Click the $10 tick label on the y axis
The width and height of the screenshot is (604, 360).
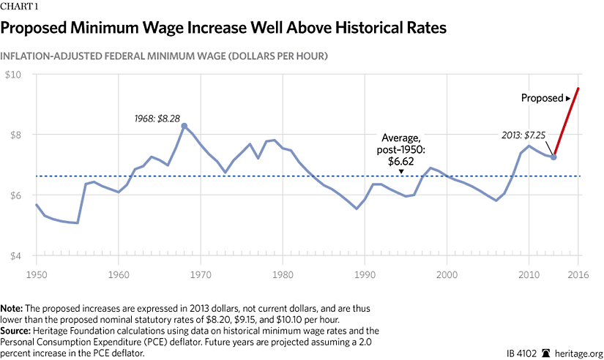click(x=14, y=75)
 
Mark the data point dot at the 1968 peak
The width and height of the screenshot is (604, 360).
click(x=184, y=126)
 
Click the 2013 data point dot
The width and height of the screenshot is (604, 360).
click(x=553, y=157)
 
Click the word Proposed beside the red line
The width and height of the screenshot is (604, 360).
click(x=541, y=97)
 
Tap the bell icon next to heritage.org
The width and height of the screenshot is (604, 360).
click(x=545, y=352)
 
